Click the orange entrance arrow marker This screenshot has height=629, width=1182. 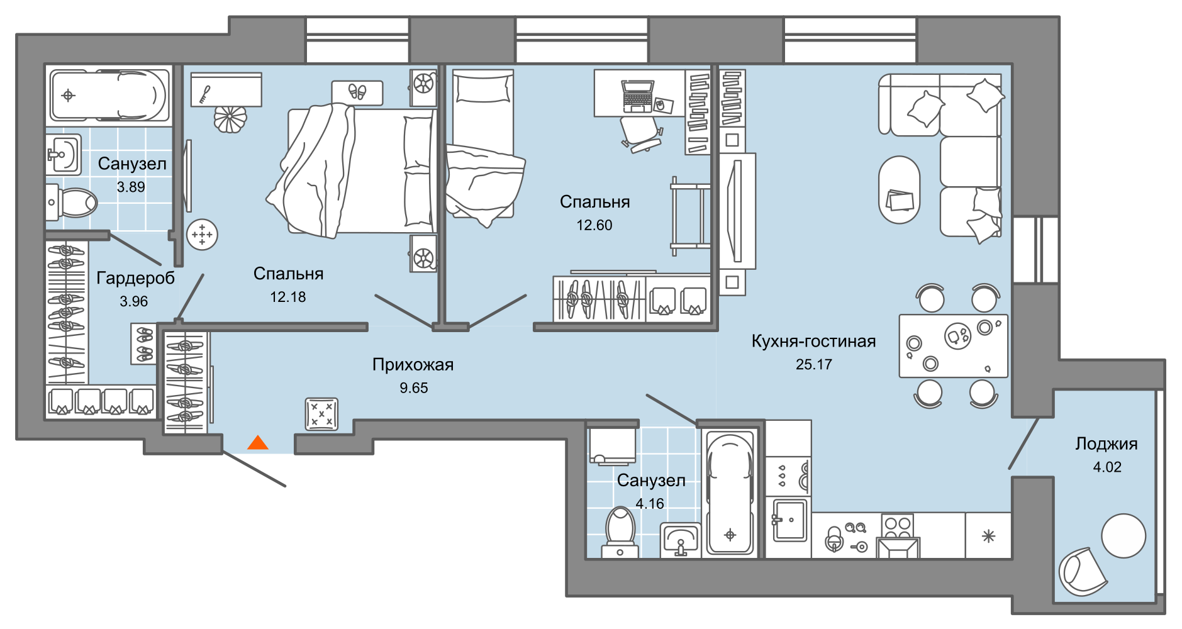point(258,443)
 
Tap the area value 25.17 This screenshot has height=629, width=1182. point(813,365)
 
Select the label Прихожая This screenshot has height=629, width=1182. point(413,364)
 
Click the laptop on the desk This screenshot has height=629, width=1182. point(637,96)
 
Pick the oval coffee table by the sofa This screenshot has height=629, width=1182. point(899,190)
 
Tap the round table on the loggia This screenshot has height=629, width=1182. point(1123,536)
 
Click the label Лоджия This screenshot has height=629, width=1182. point(1106,444)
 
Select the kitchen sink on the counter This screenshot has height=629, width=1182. point(789,520)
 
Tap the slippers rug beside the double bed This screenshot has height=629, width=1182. point(357,92)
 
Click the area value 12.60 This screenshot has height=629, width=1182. point(594,225)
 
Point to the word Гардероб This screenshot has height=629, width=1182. point(135,278)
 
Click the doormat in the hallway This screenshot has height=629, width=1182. point(321,414)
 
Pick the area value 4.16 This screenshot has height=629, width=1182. point(649,504)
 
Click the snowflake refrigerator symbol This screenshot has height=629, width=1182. point(988,537)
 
